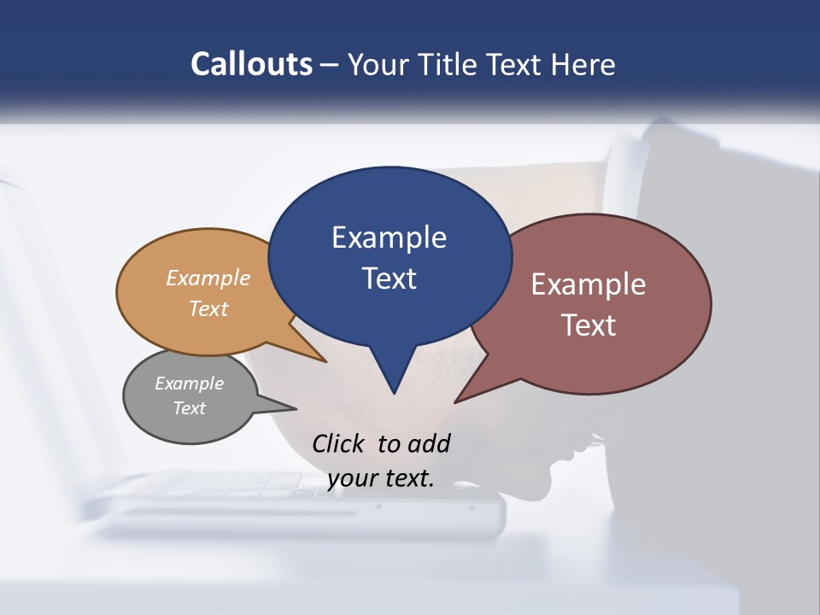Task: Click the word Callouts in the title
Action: pos(251,64)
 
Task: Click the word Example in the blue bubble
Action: pos(389,237)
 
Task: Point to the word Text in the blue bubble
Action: pos(389,278)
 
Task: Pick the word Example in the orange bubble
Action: pos(208,278)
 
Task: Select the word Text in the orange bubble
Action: pos(208,308)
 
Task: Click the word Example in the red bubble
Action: pos(589,284)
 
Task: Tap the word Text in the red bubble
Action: pos(589,325)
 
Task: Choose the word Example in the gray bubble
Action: pos(189,384)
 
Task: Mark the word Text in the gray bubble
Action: pos(189,408)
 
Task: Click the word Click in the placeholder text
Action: pos(340,443)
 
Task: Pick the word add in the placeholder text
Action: pos(428,443)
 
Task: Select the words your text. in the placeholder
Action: pos(380,478)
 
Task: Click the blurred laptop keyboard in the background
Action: pos(256,487)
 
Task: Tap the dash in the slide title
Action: pos(330,65)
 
